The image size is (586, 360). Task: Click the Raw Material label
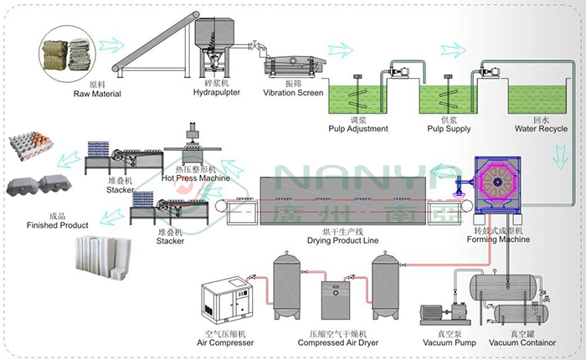coord(97,94)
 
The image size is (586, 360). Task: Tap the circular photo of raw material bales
coord(68,54)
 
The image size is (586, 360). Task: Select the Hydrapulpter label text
coord(216,92)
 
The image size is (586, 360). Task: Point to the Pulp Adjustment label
coord(358,129)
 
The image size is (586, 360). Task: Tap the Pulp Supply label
coord(449,129)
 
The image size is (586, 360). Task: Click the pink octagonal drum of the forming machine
coord(497,182)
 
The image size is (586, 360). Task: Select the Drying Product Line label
coord(342,240)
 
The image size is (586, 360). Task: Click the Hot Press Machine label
coord(195,178)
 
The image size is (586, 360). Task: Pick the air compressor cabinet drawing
coord(225,301)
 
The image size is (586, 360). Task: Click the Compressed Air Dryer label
coord(338,342)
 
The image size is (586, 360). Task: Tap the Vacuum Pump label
coord(450,342)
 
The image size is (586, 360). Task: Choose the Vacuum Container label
coord(522,342)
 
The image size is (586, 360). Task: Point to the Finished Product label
coord(57,225)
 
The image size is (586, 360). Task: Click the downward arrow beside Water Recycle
coord(560,157)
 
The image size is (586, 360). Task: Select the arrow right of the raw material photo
coord(111,44)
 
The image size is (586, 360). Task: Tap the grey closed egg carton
coord(39,185)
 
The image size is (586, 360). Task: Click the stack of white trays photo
coord(104,257)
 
